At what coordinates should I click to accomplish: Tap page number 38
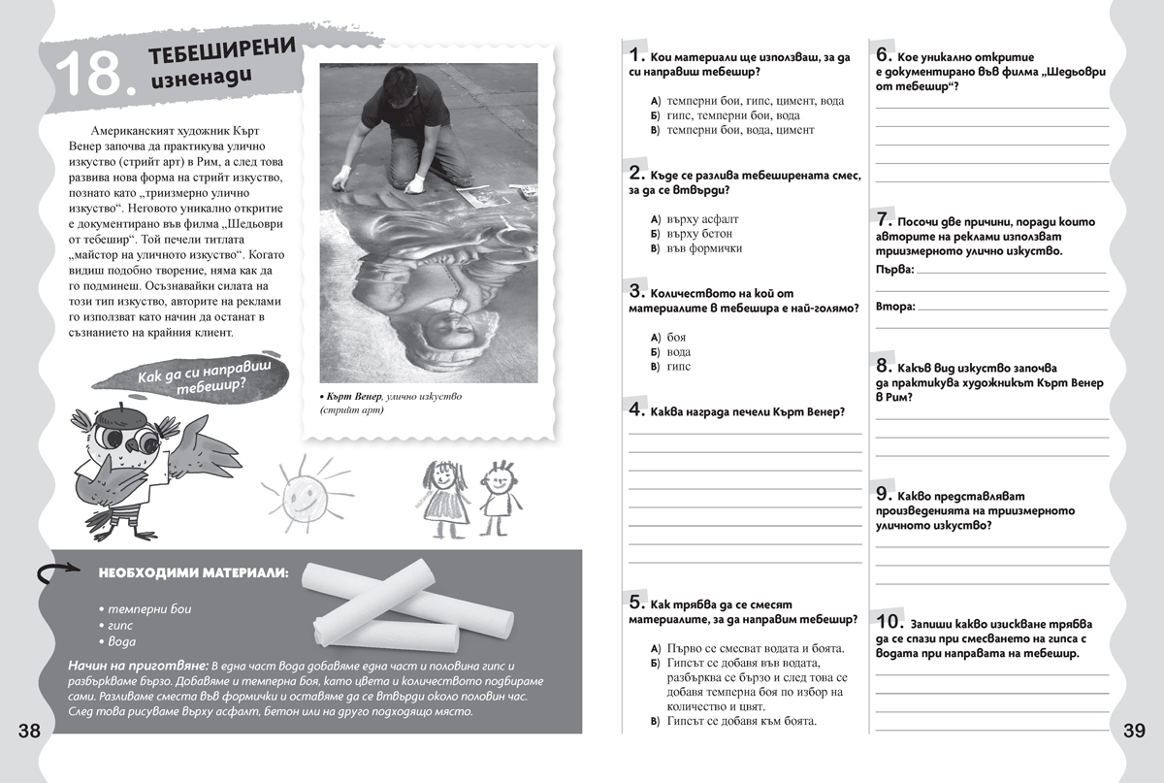tap(29, 731)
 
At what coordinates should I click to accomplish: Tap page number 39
tap(1135, 731)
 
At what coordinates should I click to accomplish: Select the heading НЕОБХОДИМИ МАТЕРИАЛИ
tap(193, 573)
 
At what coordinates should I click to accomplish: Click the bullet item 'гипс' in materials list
tap(119, 625)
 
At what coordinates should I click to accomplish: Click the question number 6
tap(884, 54)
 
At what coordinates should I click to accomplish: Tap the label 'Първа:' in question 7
tap(893, 268)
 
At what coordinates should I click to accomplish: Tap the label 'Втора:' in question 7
tap(894, 307)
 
